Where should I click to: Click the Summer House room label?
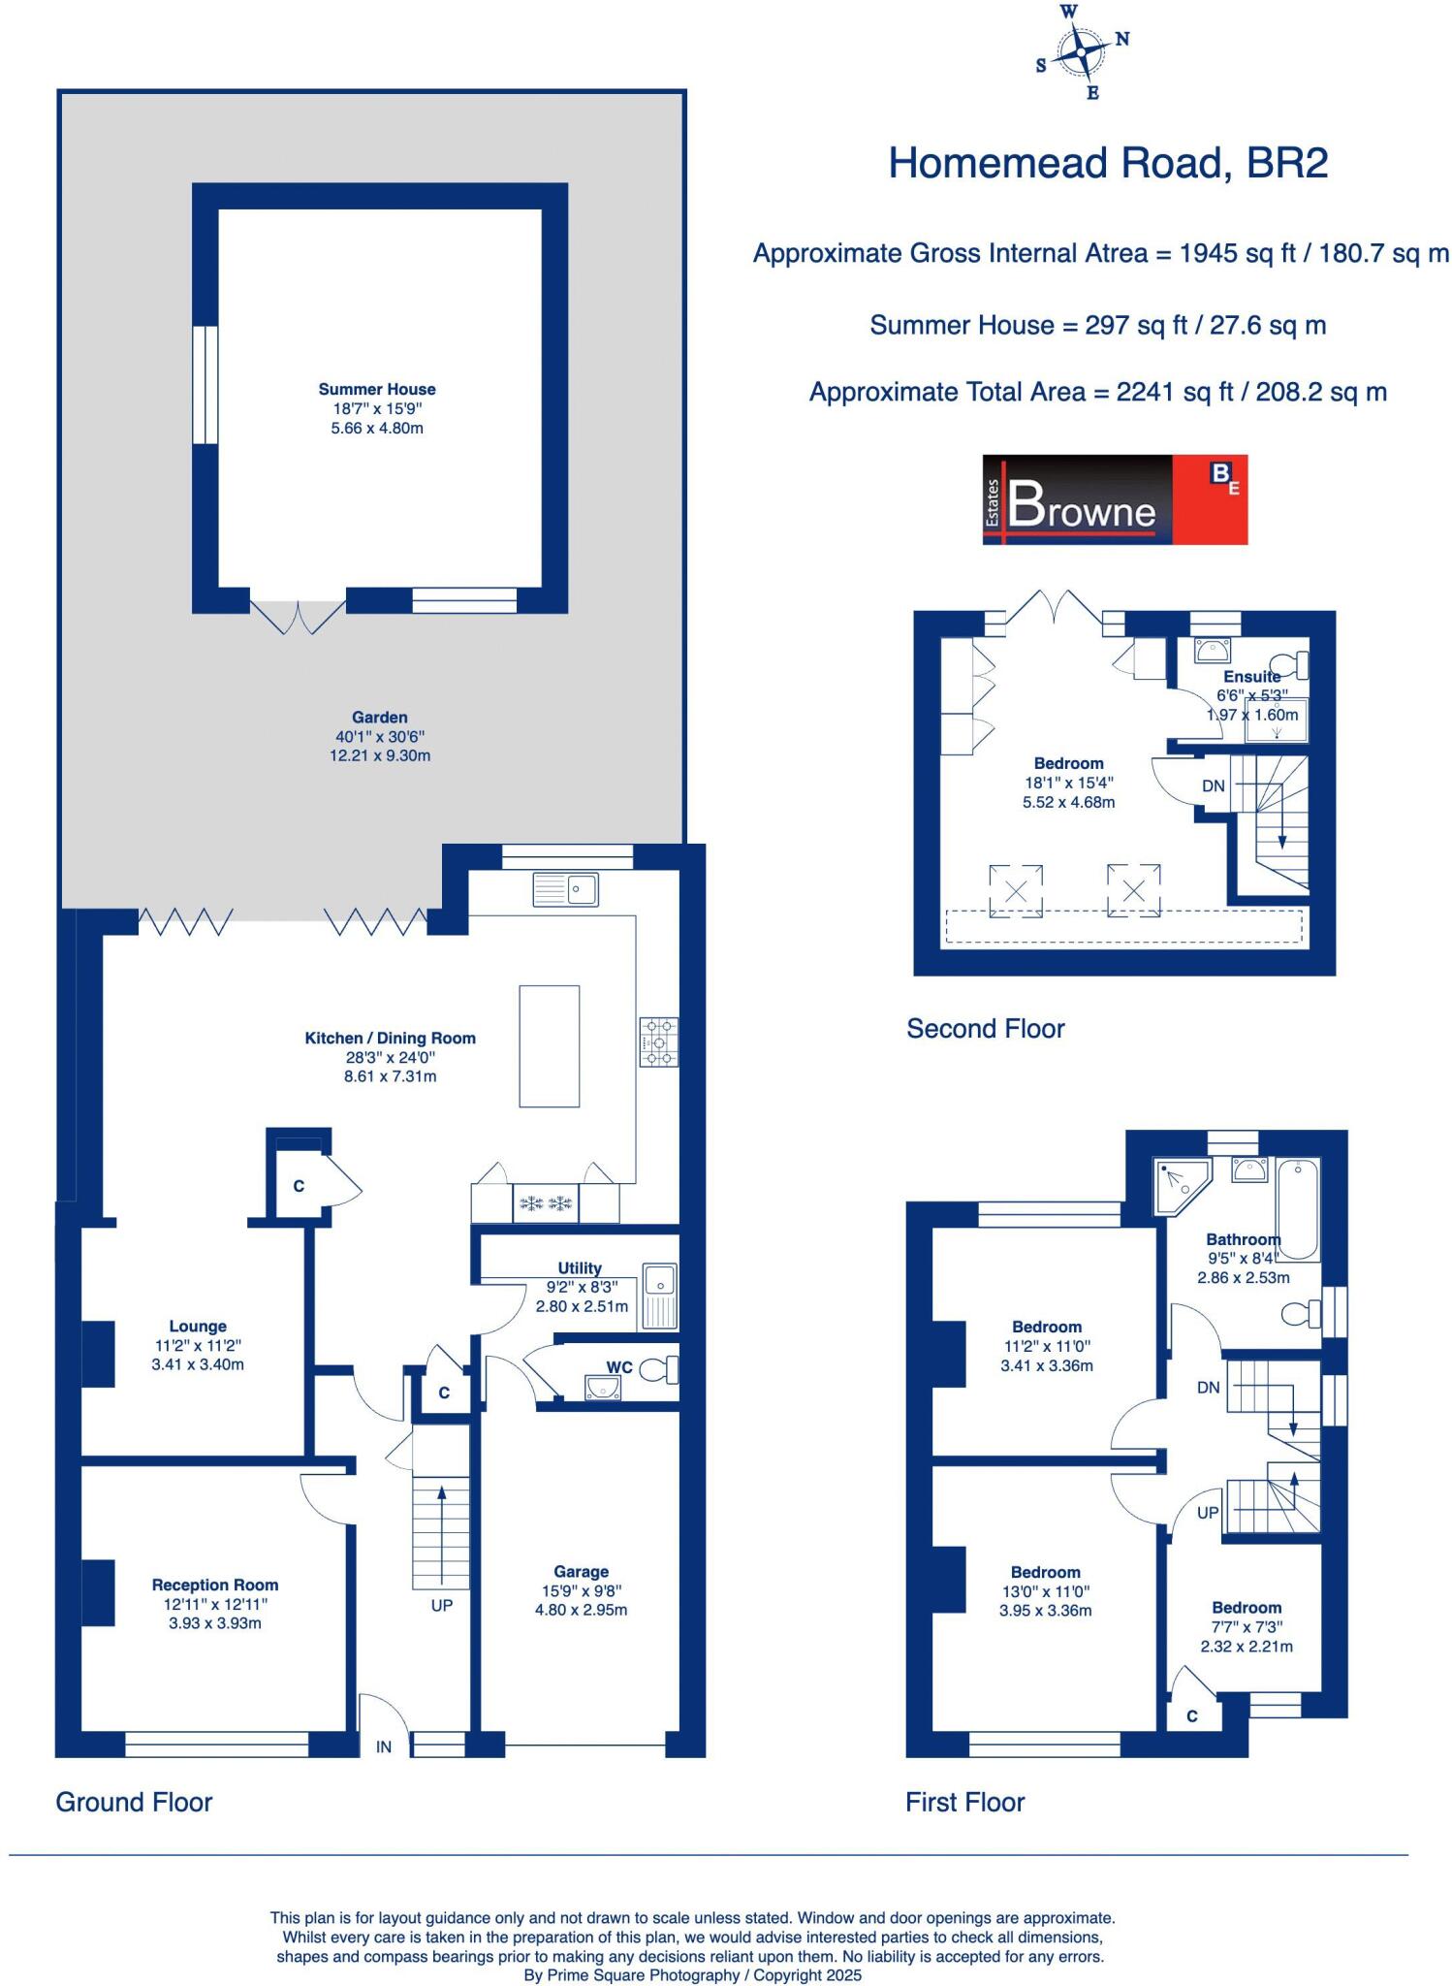click(377, 389)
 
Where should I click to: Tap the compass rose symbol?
click(1081, 52)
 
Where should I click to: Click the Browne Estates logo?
click(1115, 499)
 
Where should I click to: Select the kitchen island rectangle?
click(549, 1046)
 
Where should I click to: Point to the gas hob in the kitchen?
click(658, 1042)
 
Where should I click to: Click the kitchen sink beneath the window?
click(565, 889)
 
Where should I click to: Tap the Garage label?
click(581, 1571)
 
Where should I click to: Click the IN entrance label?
click(384, 1746)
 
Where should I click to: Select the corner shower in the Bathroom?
click(1182, 1186)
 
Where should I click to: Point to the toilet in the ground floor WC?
click(661, 1369)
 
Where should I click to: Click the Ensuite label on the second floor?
click(1251, 676)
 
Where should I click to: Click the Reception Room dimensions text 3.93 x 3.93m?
click(215, 1622)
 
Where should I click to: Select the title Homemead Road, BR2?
click(1108, 163)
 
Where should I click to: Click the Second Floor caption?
click(985, 1029)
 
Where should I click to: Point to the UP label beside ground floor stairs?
click(442, 1605)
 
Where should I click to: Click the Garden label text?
click(379, 718)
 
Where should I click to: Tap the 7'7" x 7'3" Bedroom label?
click(1247, 1626)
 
